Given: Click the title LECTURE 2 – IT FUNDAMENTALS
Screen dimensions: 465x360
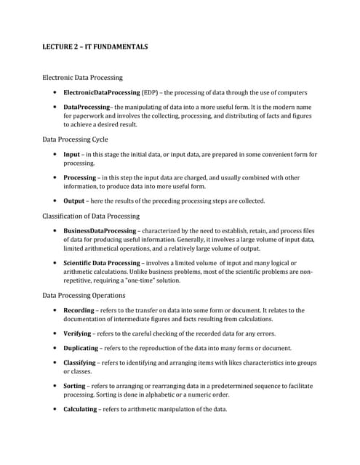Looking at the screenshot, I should tap(95, 47).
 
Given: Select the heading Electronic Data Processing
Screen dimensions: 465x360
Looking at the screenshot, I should tap(82, 77).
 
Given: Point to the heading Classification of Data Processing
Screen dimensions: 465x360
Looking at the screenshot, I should tap(91, 216).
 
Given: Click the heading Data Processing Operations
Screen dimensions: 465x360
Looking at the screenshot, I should tap(84, 296).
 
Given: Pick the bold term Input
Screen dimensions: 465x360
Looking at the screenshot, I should tap(72, 155).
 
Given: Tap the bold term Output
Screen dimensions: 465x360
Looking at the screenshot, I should tap(75, 201).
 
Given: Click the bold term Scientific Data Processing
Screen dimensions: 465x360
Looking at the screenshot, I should tap(105, 262).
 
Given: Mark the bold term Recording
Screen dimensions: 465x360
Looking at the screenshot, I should tap(79, 310).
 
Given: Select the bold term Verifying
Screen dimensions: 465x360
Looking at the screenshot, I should tap(78, 333).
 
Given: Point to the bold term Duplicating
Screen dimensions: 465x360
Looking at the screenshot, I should tap(81, 348).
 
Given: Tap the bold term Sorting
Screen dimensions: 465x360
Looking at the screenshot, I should tap(75, 385).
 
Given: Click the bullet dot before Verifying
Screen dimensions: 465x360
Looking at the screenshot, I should tap(55, 333).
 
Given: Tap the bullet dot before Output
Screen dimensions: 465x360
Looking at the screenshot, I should tap(55, 201).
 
